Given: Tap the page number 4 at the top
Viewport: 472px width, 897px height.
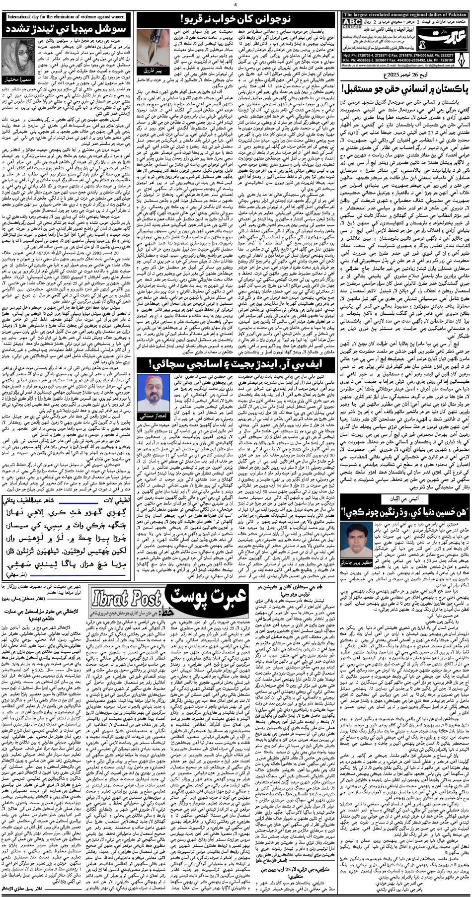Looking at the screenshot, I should click(x=235, y=5).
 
